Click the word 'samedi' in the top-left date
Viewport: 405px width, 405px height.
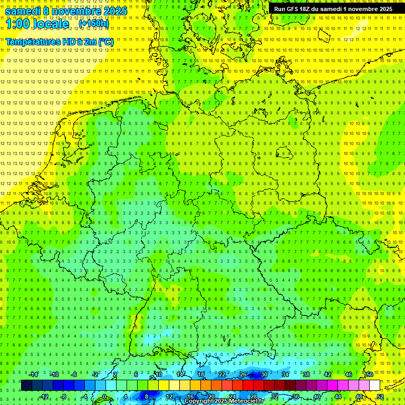pos(23,11)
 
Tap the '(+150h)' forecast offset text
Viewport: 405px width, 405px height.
pos(94,24)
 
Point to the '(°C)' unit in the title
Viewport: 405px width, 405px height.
pos(105,42)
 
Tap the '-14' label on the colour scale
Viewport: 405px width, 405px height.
pos(34,374)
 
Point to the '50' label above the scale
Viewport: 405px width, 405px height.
pos(369,374)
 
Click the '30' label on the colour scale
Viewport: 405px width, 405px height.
pos(264,374)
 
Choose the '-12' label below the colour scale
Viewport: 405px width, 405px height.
pos(44,397)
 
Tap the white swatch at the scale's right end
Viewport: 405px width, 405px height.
pos(374,385)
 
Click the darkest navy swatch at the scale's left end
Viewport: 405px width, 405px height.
pos(26,385)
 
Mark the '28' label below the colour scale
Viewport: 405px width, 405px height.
pos(254,397)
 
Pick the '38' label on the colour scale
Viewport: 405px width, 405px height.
pos(306,374)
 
